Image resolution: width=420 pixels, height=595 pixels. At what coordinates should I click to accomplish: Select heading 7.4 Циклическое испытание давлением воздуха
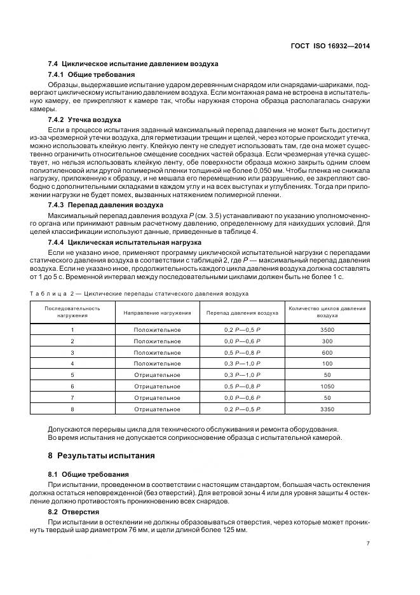point(133,64)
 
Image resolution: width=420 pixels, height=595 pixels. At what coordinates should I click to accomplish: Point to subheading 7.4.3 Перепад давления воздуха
point(105,205)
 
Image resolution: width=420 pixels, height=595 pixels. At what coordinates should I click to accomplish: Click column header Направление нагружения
point(157,313)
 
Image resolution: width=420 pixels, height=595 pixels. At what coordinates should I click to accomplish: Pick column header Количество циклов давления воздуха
point(327,312)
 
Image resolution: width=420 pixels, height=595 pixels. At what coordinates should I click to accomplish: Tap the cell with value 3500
point(327,330)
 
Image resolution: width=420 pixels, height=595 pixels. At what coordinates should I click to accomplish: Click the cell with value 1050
point(327,386)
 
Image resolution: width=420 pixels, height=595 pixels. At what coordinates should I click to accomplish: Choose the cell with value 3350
point(327,409)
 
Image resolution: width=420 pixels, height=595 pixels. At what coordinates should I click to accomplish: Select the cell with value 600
point(327,352)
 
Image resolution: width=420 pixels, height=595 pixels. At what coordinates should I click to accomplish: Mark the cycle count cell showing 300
point(327,341)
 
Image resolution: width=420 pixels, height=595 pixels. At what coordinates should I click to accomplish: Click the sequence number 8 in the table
point(72,409)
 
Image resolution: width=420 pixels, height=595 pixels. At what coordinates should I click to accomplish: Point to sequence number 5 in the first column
point(72,375)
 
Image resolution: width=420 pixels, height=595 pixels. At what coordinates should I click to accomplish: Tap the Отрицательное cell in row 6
point(157,386)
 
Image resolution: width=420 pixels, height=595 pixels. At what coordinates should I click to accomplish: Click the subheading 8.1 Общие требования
point(88,474)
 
